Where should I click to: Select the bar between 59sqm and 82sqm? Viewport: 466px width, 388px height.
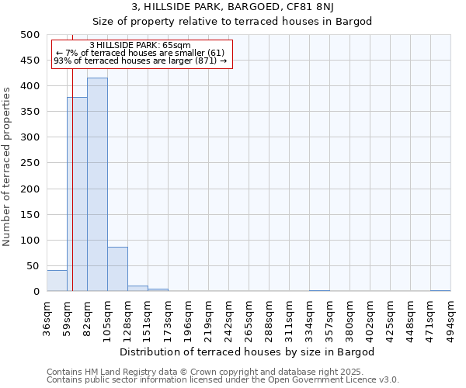tap(77, 194)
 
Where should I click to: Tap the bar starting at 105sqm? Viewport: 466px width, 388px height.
tap(117, 269)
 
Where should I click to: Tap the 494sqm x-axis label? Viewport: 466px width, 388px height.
tap(451, 317)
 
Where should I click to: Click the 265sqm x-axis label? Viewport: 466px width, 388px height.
tap(249, 317)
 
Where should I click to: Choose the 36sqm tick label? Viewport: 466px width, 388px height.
tap(47, 317)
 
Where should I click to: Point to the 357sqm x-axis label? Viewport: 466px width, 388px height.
tap(330, 317)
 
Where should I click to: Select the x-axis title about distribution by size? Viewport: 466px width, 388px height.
tap(249, 352)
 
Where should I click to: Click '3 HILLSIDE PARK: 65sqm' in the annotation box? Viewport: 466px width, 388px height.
tap(140, 46)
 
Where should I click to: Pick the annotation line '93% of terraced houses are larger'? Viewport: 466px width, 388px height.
tap(140, 61)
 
